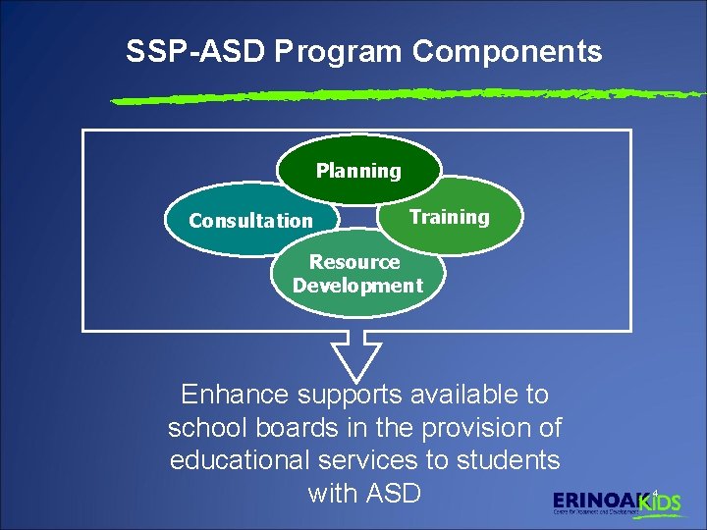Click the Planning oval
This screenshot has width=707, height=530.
click(x=358, y=170)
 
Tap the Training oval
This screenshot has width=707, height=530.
click(x=449, y=216)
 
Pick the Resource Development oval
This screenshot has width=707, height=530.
click(x=357, y=274)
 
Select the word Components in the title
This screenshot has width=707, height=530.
click(x=507, y=52)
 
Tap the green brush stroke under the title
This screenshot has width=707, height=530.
click(x=407, y=96)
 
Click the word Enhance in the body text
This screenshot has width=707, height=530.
click(x=235, y=396)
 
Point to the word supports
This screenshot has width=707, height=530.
click(x=352, y=396)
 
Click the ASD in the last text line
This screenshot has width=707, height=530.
click(x=392, y=493)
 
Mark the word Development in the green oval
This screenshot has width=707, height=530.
click(x=357, y=286)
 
